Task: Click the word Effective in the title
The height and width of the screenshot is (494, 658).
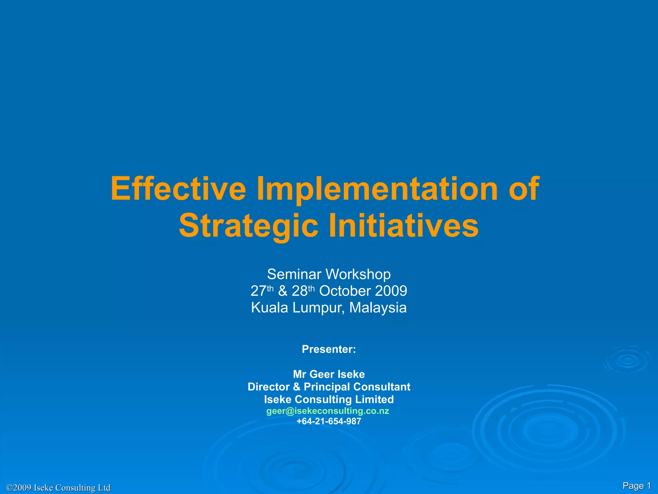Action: point(178,189)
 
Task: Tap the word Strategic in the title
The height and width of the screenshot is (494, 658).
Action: point(248,225)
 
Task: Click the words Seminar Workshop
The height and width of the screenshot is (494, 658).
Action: point(329,274)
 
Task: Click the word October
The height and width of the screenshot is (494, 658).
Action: point(345,291)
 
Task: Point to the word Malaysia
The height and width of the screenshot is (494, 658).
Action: point(378,308)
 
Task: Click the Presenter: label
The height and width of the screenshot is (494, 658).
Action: point(329,349)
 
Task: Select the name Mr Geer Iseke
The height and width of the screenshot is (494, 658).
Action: point(329,374)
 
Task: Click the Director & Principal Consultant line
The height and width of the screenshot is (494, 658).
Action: point(329,387)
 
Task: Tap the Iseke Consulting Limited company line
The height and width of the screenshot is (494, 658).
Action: point(329,399)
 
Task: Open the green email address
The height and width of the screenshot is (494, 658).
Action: point(327,411)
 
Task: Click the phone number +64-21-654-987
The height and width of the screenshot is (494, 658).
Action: point(329,421)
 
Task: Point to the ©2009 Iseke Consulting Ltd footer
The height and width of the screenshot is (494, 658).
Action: point(58,488)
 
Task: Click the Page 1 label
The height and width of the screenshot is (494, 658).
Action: point(636,486)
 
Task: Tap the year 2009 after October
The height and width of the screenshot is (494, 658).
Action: point(391,291)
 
